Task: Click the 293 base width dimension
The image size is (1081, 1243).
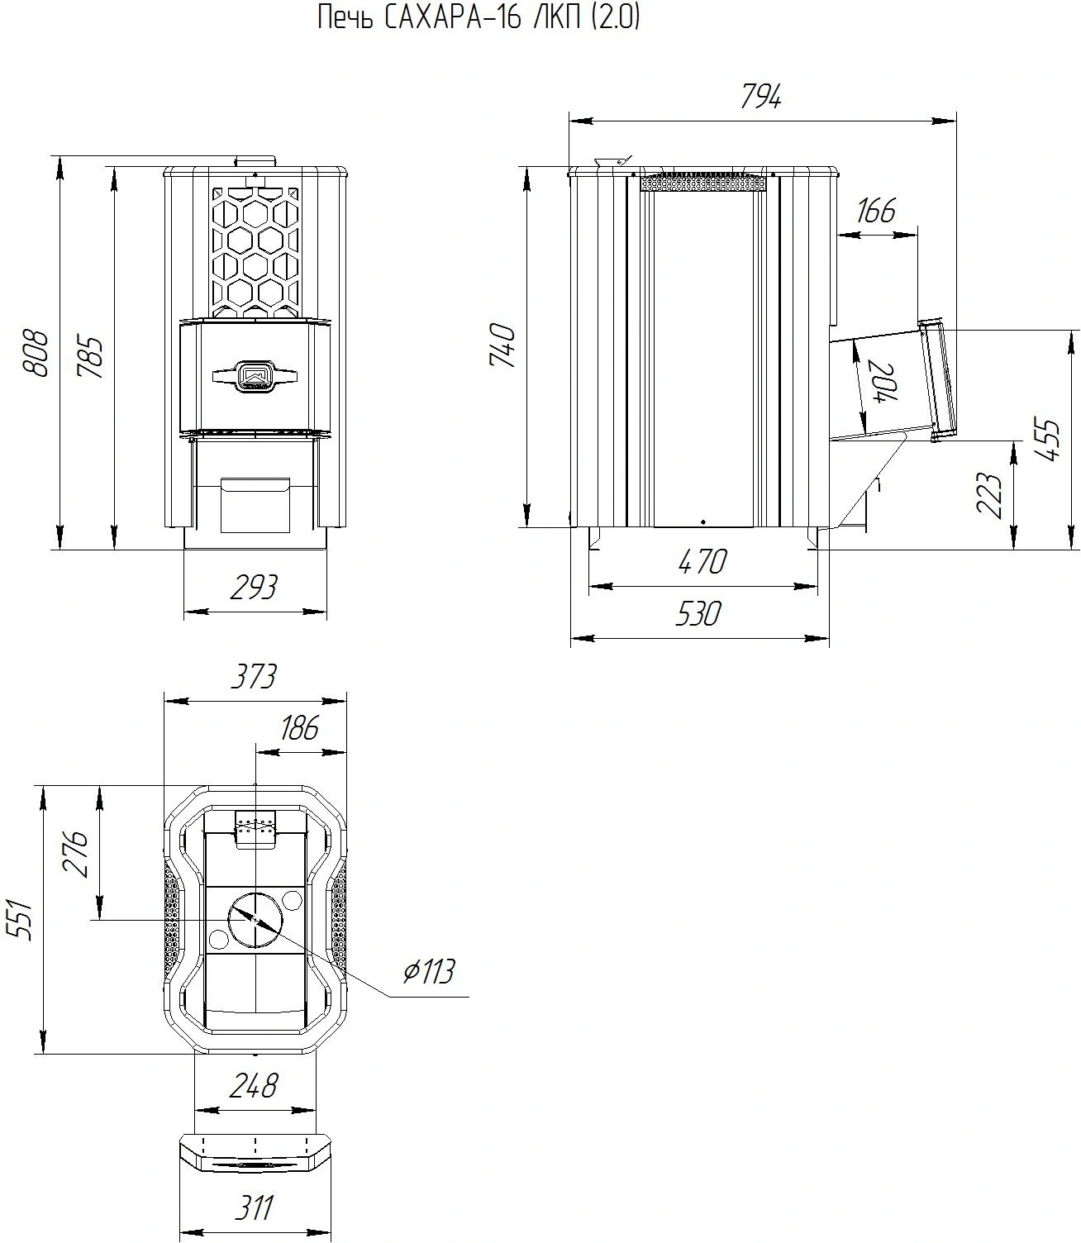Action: coord(254,587)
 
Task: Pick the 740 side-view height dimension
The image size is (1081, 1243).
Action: coord(502,346)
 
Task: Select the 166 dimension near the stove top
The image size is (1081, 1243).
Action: coord(876,211)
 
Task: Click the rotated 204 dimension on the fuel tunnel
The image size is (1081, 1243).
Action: coord(884,383)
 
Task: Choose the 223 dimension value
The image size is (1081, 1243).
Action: coord(988,495)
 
